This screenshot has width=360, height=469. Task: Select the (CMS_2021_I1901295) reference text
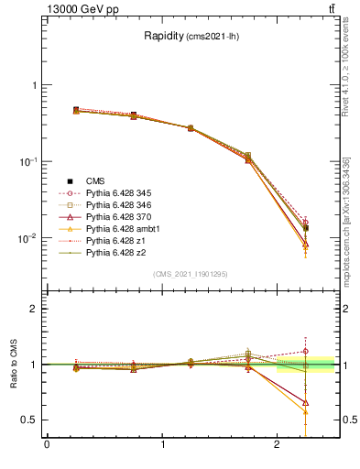pyautogui.click(x=190, y=274)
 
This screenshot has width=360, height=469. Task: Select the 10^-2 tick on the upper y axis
pyautogui.click(x=28, y=238)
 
